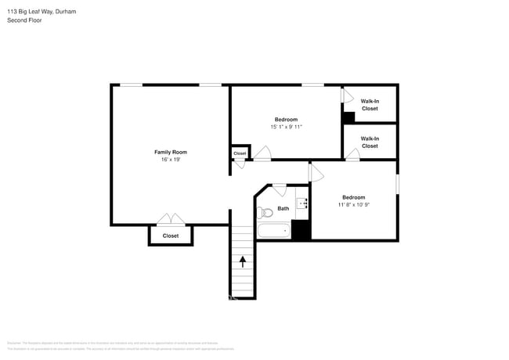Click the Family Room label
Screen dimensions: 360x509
click(x=170, y=152)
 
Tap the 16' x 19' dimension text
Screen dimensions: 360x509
click(x=170, y=160)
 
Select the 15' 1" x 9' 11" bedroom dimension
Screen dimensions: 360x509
click(x=285, y=127)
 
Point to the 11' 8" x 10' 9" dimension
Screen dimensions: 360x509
click(x=353, y=205)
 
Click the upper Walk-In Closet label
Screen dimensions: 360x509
click(x=370, y=104)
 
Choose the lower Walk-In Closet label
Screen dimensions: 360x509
click(x=370, y=142)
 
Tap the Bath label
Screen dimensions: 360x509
click(x=283, y=208)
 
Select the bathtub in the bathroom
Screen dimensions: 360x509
click(x=273, y=231)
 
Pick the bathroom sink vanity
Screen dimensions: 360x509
click(x=305, y=204)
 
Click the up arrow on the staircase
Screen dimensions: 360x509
click(x=243, y=261)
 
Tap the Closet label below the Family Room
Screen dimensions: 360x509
click(x=170, y=236)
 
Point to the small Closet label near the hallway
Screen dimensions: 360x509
click(x=240, y=153)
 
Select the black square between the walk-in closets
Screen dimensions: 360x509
click(x=348, y=117)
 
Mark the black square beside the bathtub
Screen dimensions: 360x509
click(x=301, y=230)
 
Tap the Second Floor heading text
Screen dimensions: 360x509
click(x=24, y=20)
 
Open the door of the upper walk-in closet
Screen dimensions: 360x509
click(x=347, y=95)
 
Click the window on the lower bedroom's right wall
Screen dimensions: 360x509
click(x=398, y=182)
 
